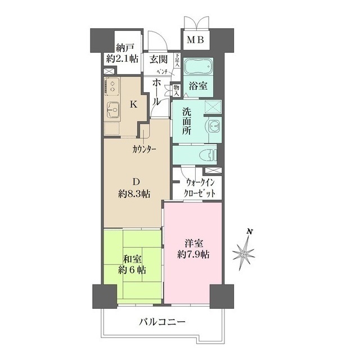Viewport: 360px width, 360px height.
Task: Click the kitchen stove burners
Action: (x=111, y=87)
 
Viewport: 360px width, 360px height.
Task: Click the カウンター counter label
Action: (x=145, y=149)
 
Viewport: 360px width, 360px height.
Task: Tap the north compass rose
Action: (x=244, y=254)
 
